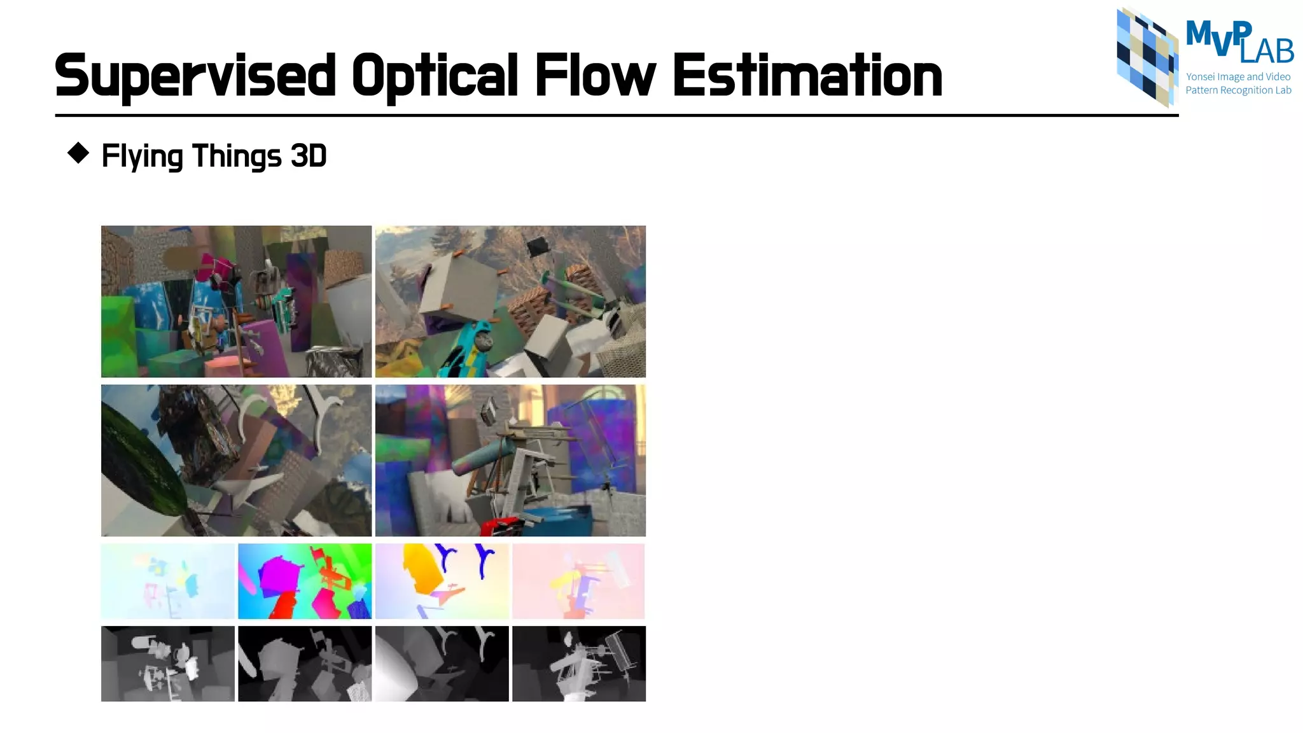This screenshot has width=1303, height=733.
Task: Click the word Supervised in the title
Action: click(x=195, y=76)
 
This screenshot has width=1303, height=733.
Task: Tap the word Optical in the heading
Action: click(x=435, y=76)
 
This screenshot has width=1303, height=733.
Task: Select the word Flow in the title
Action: click(x=595, y=76)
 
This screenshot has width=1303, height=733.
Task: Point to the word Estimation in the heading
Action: click(x=807, y=76)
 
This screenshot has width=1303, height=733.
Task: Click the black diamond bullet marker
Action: click(x=78, y=153)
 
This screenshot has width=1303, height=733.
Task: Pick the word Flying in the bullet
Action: click(x=142, y=157)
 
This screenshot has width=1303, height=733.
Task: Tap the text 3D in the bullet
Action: click(x=309, y=156)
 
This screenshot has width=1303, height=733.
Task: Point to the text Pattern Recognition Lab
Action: click(x=1238, y=90)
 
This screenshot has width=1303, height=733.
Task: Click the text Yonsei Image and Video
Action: click(x=1238, y=77)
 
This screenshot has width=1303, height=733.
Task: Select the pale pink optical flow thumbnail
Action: click(x=578, y=581)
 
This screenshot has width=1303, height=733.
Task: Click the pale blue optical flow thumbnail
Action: click(x=167, y=581)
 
